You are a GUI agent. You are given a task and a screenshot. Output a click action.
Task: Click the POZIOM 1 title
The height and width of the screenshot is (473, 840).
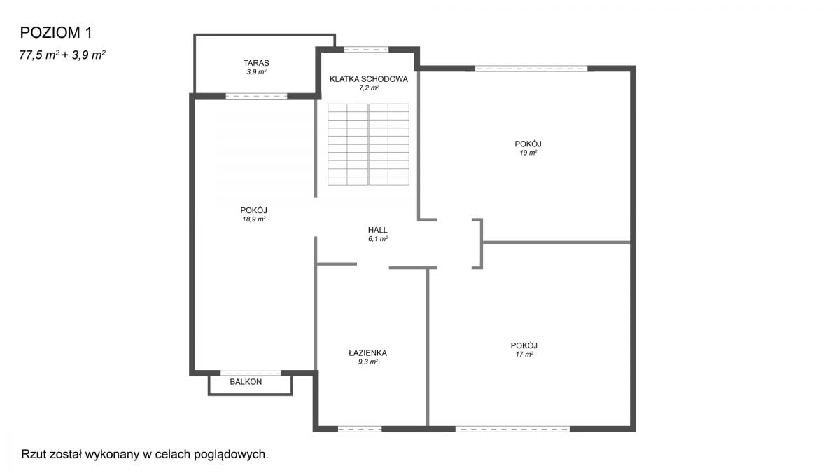(56, 33)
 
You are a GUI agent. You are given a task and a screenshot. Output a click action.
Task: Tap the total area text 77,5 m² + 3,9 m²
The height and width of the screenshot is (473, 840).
(62, 55)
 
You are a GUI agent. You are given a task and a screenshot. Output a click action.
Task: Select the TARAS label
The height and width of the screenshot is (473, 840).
(256, 63)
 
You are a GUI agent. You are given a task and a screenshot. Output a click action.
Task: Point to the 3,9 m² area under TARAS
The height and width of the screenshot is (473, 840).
(256, 71)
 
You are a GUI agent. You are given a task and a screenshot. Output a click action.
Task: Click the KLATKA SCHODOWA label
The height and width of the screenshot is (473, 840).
(369, 79)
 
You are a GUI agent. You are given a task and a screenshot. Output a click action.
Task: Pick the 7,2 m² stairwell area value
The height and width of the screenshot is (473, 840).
(369, 88)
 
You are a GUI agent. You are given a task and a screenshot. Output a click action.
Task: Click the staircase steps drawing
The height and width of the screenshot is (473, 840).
(368, 144)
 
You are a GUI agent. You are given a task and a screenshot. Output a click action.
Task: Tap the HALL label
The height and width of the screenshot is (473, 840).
(377, 230)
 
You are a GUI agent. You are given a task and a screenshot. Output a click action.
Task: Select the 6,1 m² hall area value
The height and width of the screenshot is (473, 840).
(377, 239)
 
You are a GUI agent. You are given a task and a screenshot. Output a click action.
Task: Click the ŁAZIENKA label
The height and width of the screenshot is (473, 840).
(368, 353)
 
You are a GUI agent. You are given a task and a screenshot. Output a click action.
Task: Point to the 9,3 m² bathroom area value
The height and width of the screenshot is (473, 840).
(368, 362)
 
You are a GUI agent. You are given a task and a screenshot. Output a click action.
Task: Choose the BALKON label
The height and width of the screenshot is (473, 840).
(246, 382)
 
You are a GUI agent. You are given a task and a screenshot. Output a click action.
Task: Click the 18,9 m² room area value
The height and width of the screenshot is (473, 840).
(254, 219)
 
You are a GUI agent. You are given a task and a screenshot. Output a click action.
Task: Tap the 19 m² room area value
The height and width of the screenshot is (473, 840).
(528, 153)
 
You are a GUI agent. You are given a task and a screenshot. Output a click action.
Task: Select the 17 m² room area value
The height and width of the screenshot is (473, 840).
(524, 355)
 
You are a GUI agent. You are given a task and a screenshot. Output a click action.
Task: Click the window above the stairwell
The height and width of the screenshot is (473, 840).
(366, 50)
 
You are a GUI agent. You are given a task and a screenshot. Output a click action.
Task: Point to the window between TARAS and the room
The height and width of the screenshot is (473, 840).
(256, 97)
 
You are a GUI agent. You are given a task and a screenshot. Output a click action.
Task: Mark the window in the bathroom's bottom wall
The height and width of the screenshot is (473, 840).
(360, 429)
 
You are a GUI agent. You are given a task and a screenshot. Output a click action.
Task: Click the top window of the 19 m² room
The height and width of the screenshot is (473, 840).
(531, 69)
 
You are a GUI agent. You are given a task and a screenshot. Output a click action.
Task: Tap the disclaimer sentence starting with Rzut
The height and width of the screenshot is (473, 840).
(145, 455)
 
